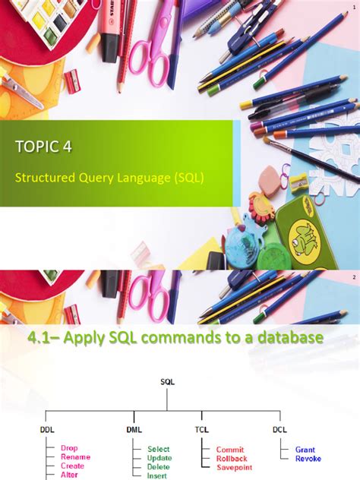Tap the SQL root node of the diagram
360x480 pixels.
168,382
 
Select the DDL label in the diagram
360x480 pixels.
47,429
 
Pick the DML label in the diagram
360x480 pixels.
134,429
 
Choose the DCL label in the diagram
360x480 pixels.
280,429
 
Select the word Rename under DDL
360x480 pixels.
76,457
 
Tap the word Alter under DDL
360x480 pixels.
71,475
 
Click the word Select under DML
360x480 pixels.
159,449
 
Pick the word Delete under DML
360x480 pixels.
159,466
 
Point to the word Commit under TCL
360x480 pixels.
229,449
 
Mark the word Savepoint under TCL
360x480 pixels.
234,467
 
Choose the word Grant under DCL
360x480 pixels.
305,449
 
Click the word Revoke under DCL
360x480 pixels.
308,458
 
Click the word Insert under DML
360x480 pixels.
158,475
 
